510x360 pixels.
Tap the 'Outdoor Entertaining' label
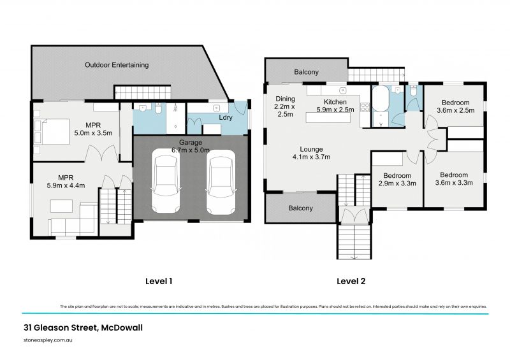tap(117, 65)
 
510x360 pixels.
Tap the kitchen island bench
tap(333, 117)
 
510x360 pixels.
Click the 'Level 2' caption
tap(351, 280)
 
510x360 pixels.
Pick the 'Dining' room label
tap(284, 99)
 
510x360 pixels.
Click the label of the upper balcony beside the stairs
tap(306, 72)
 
